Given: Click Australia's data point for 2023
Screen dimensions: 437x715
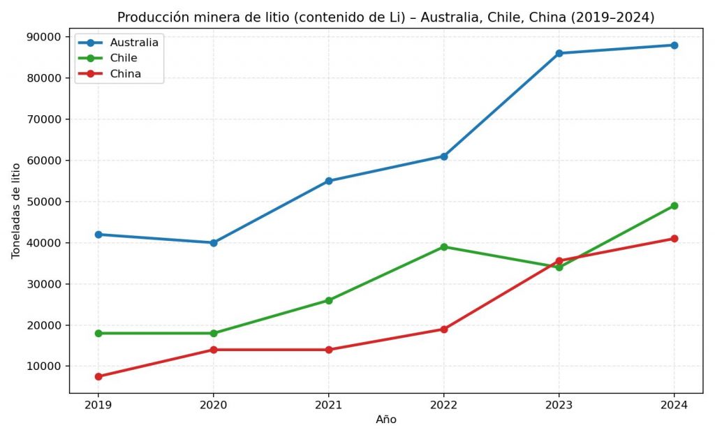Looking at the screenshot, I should pyautogui.click(x=559, y=53).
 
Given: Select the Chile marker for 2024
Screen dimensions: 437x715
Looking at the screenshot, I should pyautogui.click(x=675, y=206).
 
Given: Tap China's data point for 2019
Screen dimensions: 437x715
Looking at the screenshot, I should pyautogui.click(x=98, y=376).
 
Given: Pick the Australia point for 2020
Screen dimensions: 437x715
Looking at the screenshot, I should pyautogui.click(x=214, y=243).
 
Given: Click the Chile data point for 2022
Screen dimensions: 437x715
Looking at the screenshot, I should pyautogui.click(x=444, y=247).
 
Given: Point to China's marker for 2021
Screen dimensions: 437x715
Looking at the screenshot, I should pyautogui.click(x=329, y=350).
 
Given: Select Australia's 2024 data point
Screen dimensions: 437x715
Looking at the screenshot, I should pyautogui.click(x=675, y=45).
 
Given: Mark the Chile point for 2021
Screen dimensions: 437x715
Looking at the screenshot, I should pyautogui.click(x=329, y=300).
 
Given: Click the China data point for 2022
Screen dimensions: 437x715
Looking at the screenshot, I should pyautogui.click(x=444, y=329).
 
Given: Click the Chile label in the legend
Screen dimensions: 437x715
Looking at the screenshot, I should pyautogui.click(x=124, y=58).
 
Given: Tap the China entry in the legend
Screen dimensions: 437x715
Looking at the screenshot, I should pyautogui.click(x=125, y=74).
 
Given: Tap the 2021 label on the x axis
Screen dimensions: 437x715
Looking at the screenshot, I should pyautogui.click(x=329, y=404).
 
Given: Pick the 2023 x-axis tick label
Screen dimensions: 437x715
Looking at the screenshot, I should pyautogui.click(x=559, y=404).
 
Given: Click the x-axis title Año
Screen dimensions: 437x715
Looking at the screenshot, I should pyautogui.click(x=386, y=420).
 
